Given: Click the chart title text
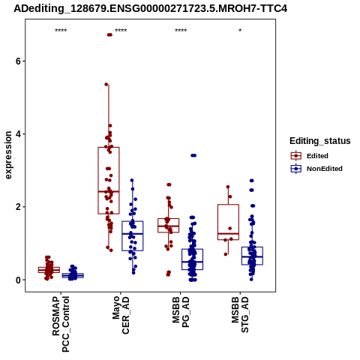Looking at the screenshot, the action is point(150,8).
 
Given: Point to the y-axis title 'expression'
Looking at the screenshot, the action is point(8,155).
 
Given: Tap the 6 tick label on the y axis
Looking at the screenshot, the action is point(18,61).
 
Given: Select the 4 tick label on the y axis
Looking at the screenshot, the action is point(18,134).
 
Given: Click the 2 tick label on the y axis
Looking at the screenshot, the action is point(18,207).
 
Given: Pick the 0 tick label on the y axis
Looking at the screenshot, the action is point(18,280).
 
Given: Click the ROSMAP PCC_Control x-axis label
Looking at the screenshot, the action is point(61,324).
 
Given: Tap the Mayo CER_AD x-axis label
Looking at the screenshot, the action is point(121,315).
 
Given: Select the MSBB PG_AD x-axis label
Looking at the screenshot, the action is point(181,312).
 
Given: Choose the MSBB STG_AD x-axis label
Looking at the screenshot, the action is point(240,314).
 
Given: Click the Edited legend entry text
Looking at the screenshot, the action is point(317,156).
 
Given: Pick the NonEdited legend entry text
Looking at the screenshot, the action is point(325,169).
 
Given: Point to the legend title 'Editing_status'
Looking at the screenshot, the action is point(320,141).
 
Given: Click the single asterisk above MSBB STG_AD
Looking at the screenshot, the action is point(240,31).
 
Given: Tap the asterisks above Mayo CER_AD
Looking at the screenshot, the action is point(121,31).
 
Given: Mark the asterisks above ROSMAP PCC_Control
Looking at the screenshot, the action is point(61,31).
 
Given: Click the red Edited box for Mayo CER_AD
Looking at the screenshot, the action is point(109,181).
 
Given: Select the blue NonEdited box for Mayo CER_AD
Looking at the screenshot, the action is point(133,235).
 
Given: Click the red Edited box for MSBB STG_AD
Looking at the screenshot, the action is point(228,222).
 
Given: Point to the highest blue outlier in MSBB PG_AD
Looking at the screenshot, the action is point(193,155).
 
